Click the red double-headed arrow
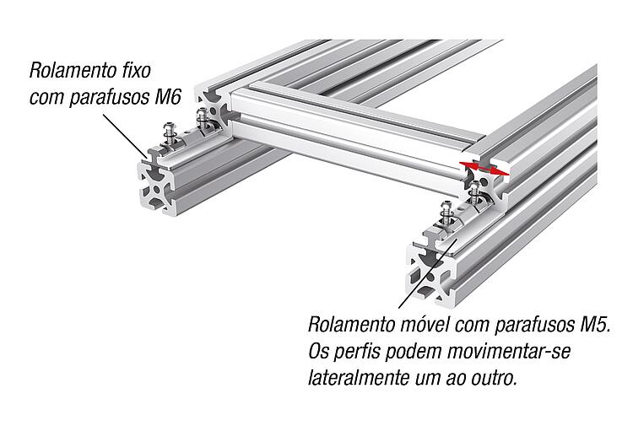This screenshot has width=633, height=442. (484, 168)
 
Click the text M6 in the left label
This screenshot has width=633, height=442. (168, 97)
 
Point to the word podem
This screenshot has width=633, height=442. (411, 352)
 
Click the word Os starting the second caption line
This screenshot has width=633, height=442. (319, 351)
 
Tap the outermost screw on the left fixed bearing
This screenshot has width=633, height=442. (170, 133)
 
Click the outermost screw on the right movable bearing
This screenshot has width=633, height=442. (446, 213)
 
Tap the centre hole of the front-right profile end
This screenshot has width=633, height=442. (430, 278)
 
